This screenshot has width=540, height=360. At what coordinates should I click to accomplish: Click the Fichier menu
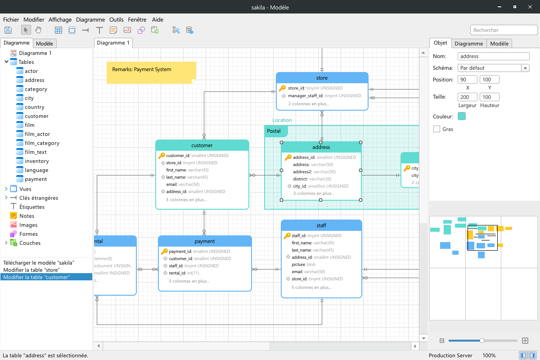(11, 19)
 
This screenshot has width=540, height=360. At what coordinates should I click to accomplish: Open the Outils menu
(116, 19)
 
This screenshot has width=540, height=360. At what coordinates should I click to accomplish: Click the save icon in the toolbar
(8, 30)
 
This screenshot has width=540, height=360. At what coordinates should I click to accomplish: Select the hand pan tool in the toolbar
(38, 30)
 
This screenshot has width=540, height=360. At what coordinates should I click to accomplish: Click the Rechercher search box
(504, 30)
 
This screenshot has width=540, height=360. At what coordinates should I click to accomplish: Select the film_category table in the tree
(42, 143)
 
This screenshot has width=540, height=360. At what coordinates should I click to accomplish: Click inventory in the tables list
(36, 161)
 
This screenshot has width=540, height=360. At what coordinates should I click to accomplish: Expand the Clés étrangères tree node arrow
(6, 198)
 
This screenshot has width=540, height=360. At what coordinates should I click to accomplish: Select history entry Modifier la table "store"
(31, 270)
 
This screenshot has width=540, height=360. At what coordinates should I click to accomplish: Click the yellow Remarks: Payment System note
(151, 72)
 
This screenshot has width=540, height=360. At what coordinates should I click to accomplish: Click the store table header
(322, 78)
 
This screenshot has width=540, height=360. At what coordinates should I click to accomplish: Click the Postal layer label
(274, 131)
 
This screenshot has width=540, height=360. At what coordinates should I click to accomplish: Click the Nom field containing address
(494, 56)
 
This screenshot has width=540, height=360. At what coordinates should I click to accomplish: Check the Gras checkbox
(436, 129)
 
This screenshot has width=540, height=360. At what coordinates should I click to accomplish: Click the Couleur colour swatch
(462, 116)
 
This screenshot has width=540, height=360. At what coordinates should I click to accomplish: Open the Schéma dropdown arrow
(525, 68)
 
